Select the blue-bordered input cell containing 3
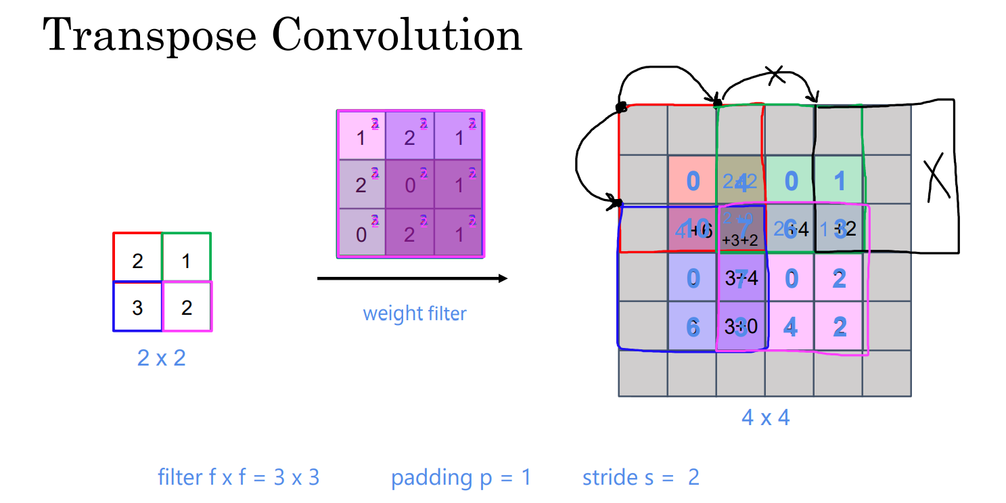click(x=137, y=307)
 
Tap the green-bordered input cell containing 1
click(x=186, y=258)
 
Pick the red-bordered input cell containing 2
click(x=137, y=258)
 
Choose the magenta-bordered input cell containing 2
click(x=187, y=307)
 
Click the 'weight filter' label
click(x=414, y=313)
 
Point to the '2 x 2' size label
click(x=161, y=357)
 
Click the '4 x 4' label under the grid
click(x=765, y=417)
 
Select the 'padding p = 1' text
click(x=461, y=478)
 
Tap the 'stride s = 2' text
click(x=640, y=478)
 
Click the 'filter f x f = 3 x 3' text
click(x=238, y=478)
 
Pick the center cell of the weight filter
click(x=410, y=184)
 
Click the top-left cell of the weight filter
click(x=361, y=136)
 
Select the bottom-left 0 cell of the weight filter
click(x=361, y=232)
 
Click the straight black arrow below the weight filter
click(x=412, y=278)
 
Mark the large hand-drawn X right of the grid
click(x=936, y=176)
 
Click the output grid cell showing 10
click(x=692, y=229)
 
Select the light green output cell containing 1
click(x=839, y=181)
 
